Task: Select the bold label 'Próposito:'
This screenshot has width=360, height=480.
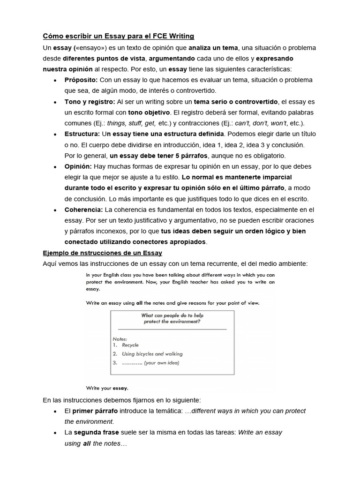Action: click(81, 80)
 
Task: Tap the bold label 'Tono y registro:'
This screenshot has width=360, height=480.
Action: click(90, 102)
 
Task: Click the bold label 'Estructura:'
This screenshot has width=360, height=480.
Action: click(82, 134)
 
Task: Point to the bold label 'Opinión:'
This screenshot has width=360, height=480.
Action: click(78, 166)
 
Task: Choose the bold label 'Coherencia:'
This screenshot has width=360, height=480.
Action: click(84, 210)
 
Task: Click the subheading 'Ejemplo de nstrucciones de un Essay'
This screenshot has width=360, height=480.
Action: click(102, 253)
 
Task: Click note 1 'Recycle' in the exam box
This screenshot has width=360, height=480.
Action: click(130, 345)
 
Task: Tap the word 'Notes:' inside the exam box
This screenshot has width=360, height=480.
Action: click(120, 338)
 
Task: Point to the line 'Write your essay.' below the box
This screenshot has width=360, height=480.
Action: click(107, 388)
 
